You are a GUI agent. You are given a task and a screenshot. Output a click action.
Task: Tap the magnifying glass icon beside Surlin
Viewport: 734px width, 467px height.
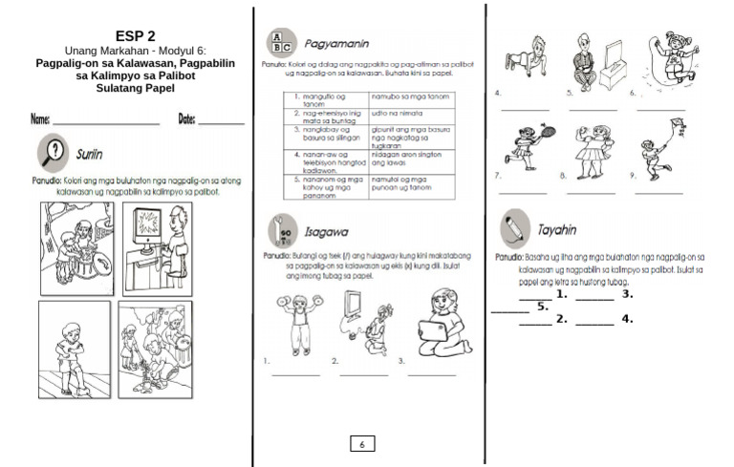tap(51, 153)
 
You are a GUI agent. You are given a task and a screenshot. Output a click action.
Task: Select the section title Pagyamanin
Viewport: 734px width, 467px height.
tap(336, 44)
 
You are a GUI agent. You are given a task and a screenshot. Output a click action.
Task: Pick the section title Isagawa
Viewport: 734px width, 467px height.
tap(326, 231)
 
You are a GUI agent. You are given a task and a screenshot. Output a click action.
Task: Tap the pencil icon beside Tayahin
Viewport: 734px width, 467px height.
tap(514, 228)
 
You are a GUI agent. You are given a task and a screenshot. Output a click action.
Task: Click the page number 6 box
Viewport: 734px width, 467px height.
tap(362, 443)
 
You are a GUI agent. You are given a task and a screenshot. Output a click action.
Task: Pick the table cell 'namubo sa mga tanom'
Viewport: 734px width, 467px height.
tap(405, 97)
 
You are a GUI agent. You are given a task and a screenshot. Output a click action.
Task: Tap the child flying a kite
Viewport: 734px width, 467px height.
tap(657, 144)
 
